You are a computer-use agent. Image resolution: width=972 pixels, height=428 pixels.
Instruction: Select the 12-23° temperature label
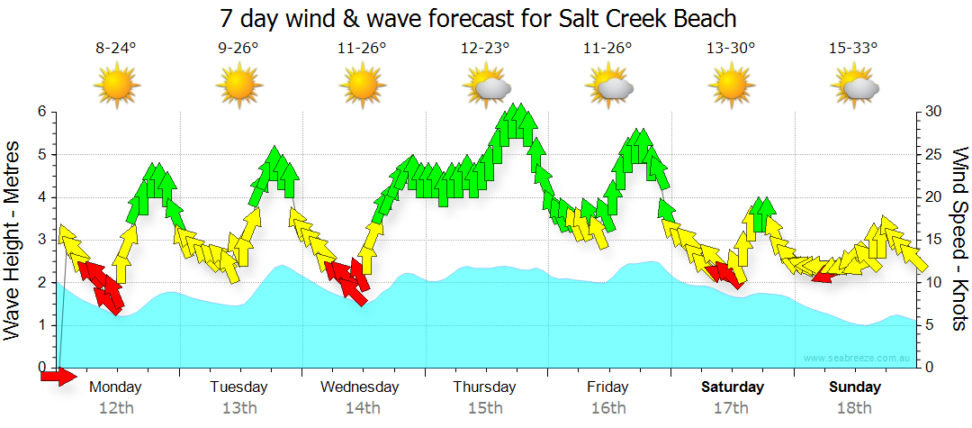tap(485, 49)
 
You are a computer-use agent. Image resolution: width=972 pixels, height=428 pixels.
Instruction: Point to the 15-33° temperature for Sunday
tap(853, 49)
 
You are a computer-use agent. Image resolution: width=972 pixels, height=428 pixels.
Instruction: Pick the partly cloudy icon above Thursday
tap(487, 87)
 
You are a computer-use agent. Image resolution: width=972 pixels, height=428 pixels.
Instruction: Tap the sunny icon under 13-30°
tap(731, 87)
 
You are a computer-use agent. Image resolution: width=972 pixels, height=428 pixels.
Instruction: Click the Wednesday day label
tap(359, 387)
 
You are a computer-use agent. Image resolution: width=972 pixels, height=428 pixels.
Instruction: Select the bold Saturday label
tap(733, 387)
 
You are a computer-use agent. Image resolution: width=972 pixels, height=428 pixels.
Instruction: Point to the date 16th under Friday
tap(608, 408)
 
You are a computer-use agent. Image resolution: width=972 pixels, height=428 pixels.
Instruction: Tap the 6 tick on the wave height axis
tap(41, 112)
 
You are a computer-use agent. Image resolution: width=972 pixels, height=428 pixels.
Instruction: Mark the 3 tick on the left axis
tap(41, 240)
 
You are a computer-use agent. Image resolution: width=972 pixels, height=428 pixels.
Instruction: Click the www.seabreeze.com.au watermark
tap(858, 359)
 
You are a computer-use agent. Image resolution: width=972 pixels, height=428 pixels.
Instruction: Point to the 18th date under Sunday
tap(854, 408)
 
